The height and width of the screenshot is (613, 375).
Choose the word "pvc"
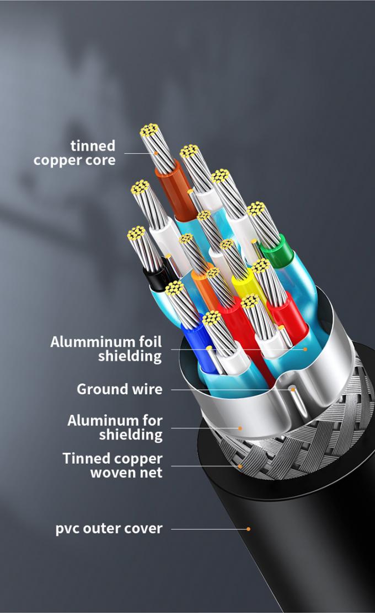(70, 529)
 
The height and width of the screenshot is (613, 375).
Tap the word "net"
(152, 473)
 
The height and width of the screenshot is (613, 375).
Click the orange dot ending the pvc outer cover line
(249, 529)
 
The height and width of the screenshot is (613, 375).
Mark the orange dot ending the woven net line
(240, 466)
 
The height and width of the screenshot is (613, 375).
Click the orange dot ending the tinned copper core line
(156, 153)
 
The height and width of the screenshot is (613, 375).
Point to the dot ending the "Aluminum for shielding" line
(240, 427)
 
